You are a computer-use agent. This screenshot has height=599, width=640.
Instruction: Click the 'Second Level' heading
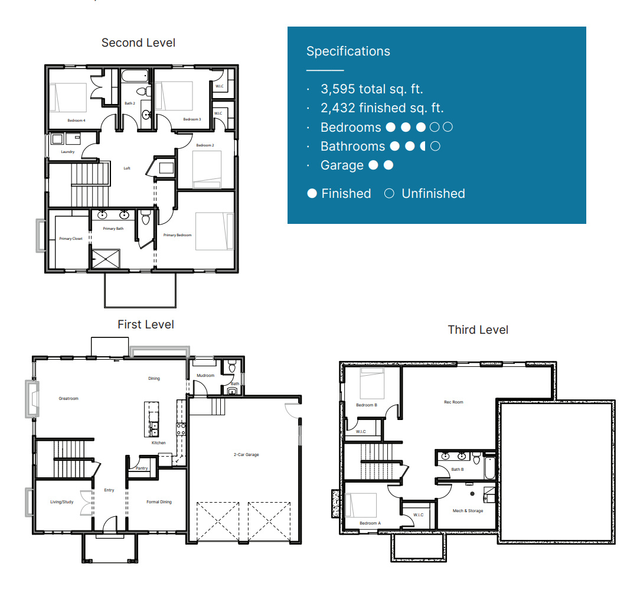138,43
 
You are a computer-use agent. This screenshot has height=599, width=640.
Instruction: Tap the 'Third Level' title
478,330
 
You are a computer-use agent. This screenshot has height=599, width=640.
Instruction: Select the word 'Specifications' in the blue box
348,51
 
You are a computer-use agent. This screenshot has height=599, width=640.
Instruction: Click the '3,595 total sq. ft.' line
371,89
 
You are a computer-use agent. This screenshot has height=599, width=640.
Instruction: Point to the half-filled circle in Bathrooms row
422,147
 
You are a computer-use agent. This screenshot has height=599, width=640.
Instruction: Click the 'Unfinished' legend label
433,194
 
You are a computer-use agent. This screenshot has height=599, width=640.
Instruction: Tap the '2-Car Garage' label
246,455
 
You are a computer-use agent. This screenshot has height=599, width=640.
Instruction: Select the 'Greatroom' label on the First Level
68,399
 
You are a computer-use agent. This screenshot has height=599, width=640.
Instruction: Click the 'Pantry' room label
142,468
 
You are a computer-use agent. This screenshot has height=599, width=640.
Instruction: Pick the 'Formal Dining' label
159,502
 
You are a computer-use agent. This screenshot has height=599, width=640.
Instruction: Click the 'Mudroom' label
205,376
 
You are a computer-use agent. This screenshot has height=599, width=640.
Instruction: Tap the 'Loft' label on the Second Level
127,168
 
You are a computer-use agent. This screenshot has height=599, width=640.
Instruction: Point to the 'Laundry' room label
68,152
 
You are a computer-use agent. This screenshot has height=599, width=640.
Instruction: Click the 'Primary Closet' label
71,239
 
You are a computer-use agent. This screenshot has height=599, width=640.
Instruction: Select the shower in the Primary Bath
105,259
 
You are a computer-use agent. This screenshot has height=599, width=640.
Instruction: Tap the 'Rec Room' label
453,402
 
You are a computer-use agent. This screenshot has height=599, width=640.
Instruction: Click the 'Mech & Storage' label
468,511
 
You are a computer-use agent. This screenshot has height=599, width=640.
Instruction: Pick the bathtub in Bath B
489,468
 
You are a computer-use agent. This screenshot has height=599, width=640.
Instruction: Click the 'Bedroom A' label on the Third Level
370,523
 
